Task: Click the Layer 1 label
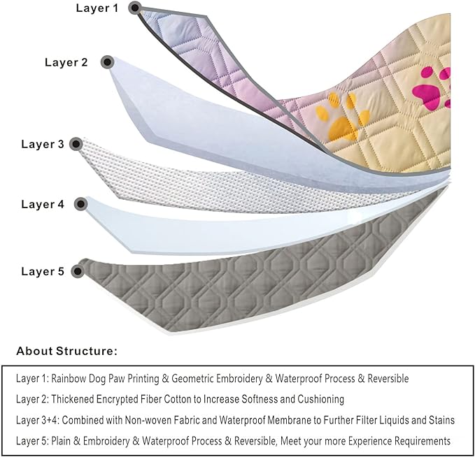[97, 8]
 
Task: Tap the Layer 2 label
[66, 62]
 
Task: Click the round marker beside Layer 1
[134, 8]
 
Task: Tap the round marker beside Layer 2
[107, 62]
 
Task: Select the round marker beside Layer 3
[77, 145]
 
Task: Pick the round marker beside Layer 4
[80, 205]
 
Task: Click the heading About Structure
[67, 351]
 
